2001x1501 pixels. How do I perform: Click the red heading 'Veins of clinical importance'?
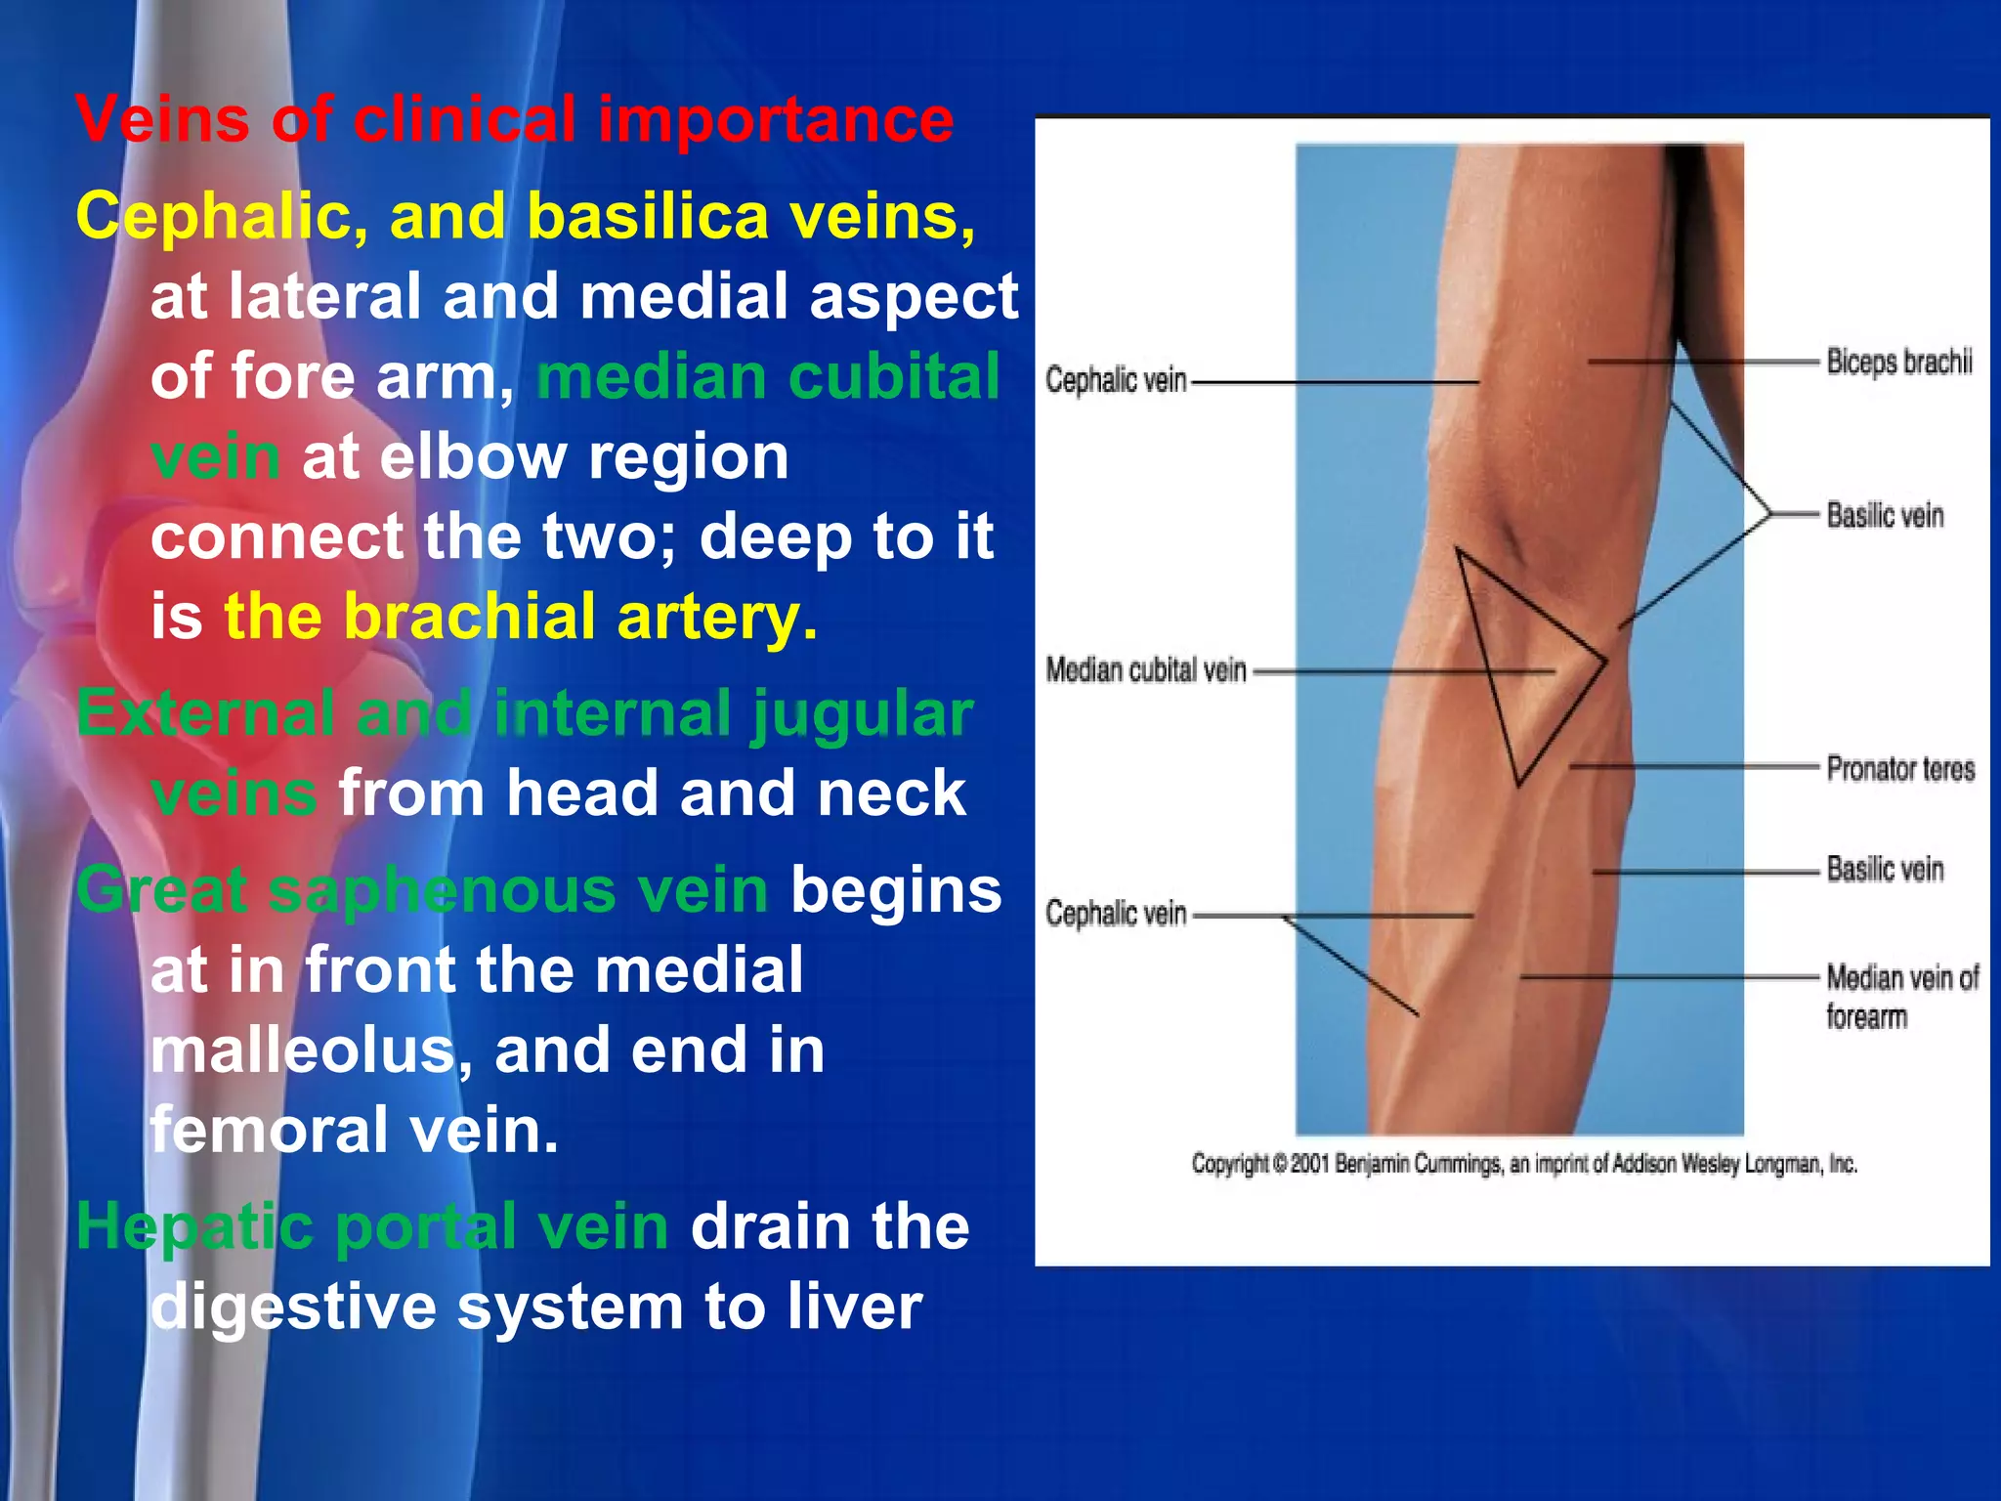point(515,120)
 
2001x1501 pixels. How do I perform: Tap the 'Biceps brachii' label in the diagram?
point(1898,363)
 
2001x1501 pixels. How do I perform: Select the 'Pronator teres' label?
point(1899,769)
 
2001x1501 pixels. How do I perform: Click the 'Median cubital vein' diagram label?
point(1145,670)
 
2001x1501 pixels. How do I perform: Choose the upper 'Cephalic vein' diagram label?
point(1116,380)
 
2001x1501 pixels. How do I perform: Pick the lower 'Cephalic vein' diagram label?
point(1116,914)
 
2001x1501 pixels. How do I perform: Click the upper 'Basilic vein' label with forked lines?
point(1884,515)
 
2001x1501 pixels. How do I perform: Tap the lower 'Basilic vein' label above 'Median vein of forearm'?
point(1884,869)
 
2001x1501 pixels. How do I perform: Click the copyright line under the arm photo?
point(1523,1164)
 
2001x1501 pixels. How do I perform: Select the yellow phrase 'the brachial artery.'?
point(521,618)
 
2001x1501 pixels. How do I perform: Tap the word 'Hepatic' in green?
point(194,1226)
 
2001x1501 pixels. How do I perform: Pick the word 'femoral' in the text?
point(270,1130)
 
